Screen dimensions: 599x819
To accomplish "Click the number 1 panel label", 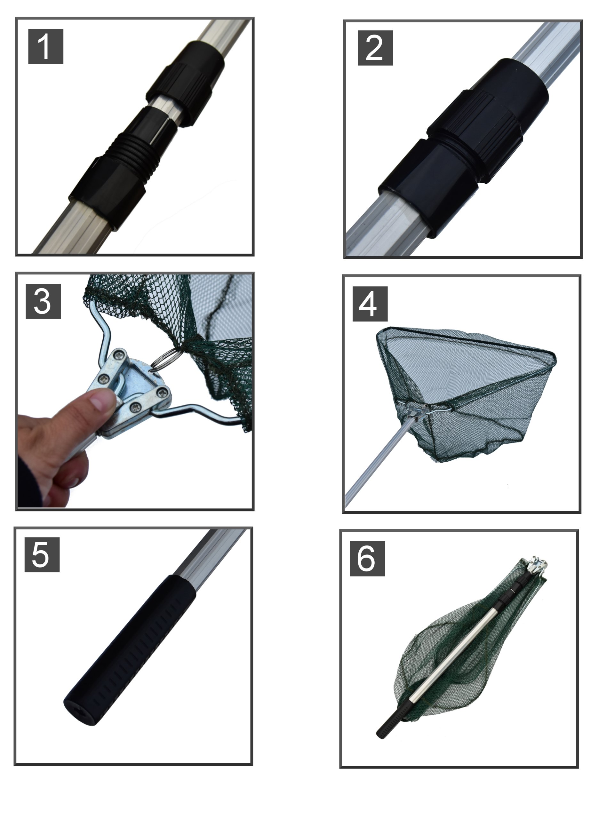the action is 46,47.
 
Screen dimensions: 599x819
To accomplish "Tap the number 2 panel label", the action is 375,48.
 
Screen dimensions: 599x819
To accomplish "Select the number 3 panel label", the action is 43,301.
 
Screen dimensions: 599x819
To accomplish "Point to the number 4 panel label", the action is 370,304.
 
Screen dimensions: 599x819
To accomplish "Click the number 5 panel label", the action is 42,555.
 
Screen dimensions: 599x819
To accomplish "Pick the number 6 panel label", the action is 367,559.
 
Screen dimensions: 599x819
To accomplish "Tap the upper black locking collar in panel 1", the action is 185,83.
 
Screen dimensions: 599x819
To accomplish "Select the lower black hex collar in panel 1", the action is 107,192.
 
